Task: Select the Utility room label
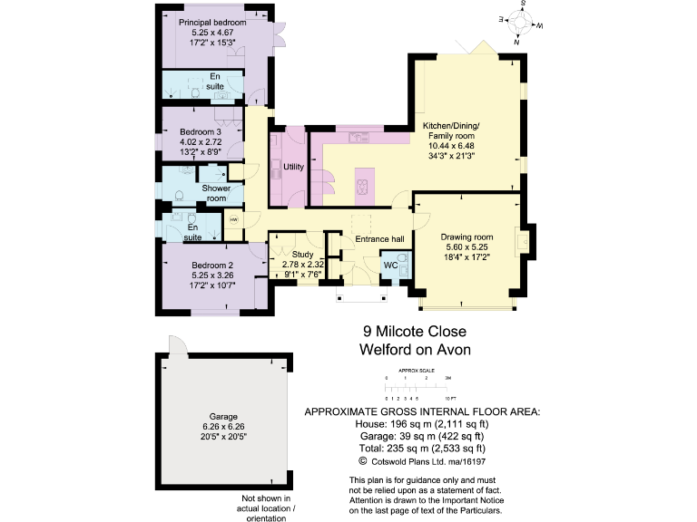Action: [x=293, y=167]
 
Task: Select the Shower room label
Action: [x=216, y=193]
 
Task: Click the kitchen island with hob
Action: [x=363, y=185]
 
